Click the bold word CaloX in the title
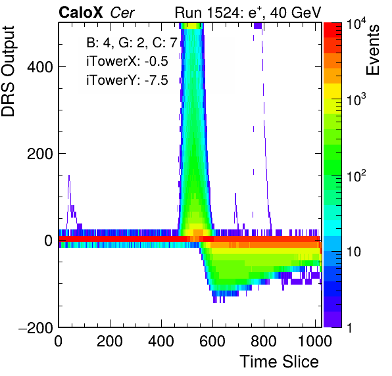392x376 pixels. coord(81,12)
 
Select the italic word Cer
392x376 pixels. coord(122,12)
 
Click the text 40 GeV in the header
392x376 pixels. coord(295,12)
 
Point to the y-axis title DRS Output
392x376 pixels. coord(8,71)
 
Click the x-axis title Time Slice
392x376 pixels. coord(280,362)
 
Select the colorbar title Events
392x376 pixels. coord(372,50)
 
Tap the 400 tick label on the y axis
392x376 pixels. coord(40,67)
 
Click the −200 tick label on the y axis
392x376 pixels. coord(36,327)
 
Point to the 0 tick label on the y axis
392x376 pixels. coord(49,241)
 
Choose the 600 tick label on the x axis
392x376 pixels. coord(212,341)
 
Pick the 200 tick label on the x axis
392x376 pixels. coord(110,341)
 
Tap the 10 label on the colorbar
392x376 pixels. coord(354,252)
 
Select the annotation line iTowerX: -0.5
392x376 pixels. coord(127,61)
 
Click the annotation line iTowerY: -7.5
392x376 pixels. coord(127,80)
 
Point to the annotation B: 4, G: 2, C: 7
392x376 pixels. coord(132,43)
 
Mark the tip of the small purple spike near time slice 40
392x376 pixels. coord(69,176)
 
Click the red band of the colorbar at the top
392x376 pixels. coord(333,30)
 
